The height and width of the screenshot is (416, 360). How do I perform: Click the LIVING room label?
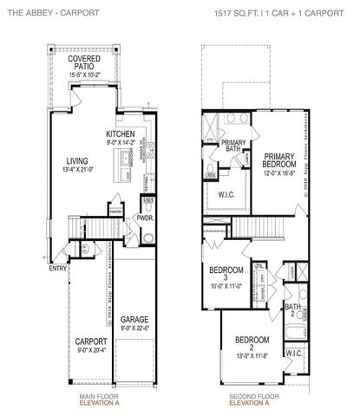[x=68, y=160]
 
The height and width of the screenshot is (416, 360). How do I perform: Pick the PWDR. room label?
[x=145, y=218]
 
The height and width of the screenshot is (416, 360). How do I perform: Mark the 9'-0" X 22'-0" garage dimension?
[x=134, y=328]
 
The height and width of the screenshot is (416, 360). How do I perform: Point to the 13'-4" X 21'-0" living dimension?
[x=68, y=170]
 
